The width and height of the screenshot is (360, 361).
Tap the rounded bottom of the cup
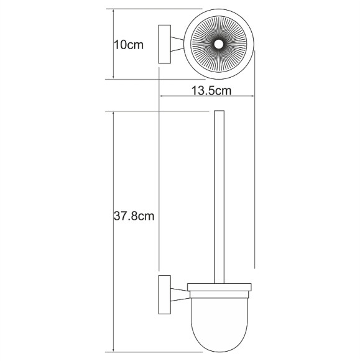pyautogui.click(x=218, y=345)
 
